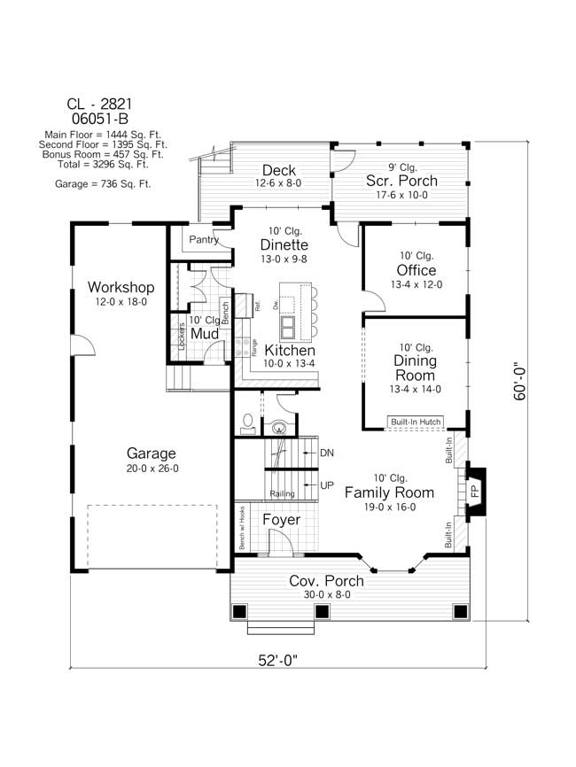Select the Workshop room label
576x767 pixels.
click(121, 288)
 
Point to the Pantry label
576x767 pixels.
click(203, 239)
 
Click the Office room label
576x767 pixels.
click(416, 270)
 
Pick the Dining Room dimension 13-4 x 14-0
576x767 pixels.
click(416, 389)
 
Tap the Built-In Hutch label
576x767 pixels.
click(416, 422)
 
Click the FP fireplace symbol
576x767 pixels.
click(474, 489)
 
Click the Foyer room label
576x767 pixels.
click(281, 520)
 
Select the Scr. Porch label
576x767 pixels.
click(401, 182)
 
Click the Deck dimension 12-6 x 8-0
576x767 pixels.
click(277, 183)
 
